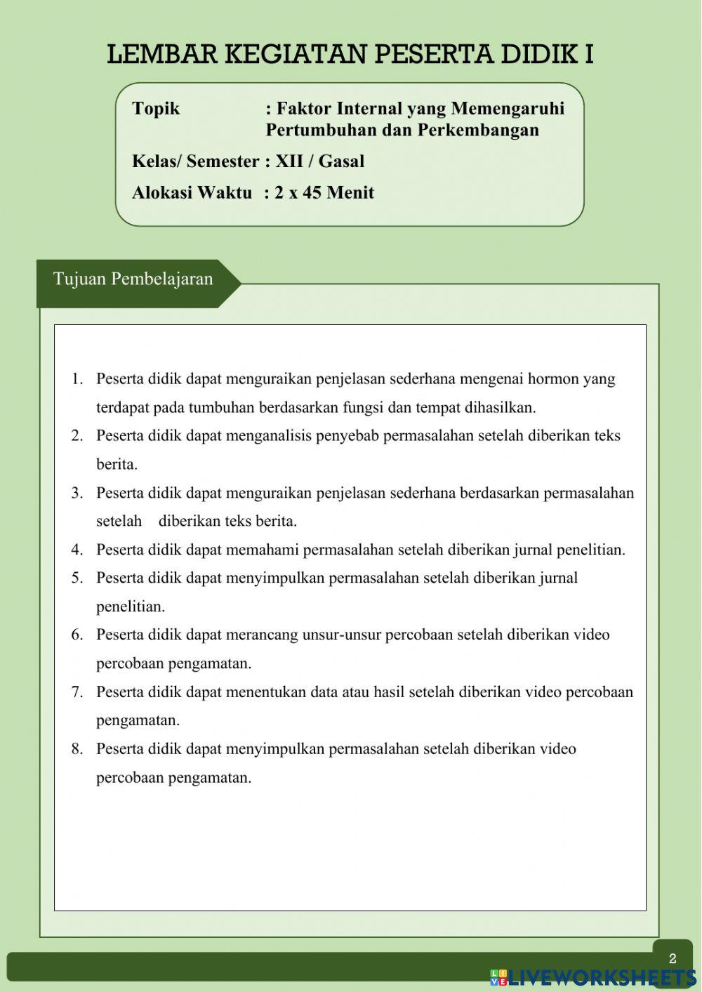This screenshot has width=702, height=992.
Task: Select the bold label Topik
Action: tap(156, 109)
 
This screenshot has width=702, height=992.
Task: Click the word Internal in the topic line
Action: tap(369, 109)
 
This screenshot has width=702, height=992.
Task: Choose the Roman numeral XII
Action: tap(289, 161)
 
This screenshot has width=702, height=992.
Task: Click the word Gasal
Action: tap(341, 161)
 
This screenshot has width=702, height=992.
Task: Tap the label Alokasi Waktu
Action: tap(192, 193)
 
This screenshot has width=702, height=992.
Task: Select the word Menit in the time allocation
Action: tap(350, 193)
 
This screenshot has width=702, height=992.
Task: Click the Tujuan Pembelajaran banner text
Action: tap(133, 279)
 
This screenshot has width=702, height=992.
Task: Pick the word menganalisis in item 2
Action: tap(268, 436)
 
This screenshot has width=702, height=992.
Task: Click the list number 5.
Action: tap(77, 578)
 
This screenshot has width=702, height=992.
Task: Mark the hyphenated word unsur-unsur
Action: tap(341, 635)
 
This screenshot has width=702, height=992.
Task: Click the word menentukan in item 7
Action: tap(265, 692)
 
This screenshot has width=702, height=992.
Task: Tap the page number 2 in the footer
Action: tap(673, 959)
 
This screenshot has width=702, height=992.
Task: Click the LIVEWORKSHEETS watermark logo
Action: tap(593, 977)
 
